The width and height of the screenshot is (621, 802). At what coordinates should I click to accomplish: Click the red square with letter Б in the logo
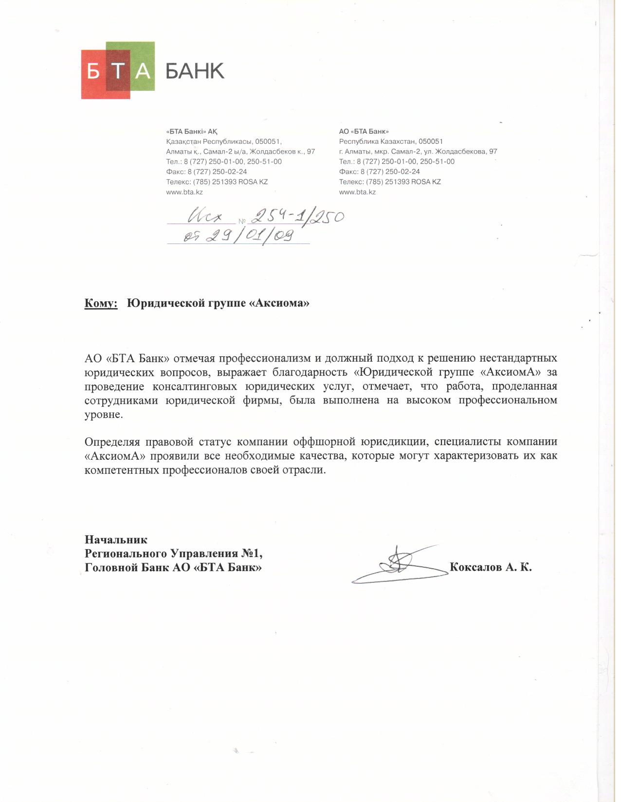pyautogui.click(x=93, y=72)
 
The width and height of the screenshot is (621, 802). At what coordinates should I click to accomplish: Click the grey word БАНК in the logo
pyautogui.click(x=195, y=71)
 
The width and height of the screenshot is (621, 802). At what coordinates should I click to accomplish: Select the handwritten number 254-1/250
pyautogui.click(x=297, y=215)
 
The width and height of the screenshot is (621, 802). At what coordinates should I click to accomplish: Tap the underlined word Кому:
pyautogui.click(x=101, y=303)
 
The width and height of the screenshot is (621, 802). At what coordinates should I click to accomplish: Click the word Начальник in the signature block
pyautogui.click(x=116, y=540)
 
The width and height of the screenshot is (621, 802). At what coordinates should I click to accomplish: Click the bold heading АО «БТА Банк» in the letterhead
pyautogui.click(x=364, y=132)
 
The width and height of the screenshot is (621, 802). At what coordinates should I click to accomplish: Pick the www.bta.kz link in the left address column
pyautogui.click(x=184, y=192)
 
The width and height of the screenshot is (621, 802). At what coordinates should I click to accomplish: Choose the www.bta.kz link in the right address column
pyautogui.click(x=357, y=192)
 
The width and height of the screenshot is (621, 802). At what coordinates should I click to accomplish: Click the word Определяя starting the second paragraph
pyautogui.click(x=112, y=442)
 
